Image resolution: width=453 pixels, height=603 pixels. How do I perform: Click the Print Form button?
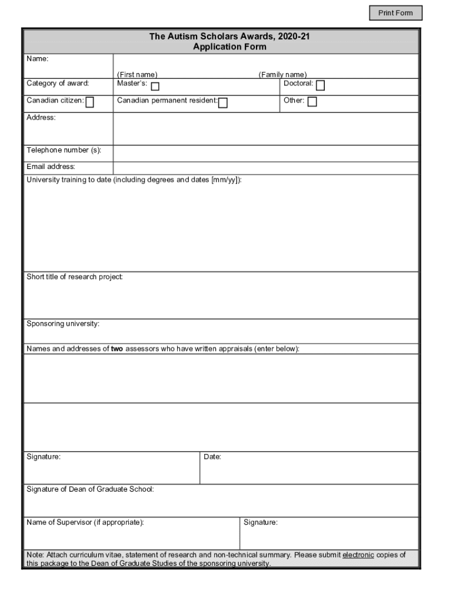[x=395, y=13]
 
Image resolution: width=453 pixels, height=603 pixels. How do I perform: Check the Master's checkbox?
[x=155, y=87]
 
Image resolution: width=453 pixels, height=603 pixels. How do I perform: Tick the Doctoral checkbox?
[x=320, y=86]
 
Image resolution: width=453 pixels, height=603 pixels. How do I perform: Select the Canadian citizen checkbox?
[x=90, y=103]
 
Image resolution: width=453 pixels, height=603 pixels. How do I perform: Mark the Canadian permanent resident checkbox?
[x=223, y=103]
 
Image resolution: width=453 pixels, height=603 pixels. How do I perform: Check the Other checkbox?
[x=312, y=102]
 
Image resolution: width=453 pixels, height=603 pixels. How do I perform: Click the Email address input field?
[x=265, y=168]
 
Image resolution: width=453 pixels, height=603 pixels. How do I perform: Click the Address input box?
[x=265, y=128]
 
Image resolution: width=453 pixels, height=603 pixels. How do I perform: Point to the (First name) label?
[x=137, y=75]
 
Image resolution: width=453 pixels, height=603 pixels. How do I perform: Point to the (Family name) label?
[x=282, y=75]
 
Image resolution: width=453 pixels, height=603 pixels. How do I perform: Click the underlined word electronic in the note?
[x=358, y=555]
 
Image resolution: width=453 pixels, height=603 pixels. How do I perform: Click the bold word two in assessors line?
[x=117, y=349]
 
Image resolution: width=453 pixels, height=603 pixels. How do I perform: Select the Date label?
[x=212, y=457]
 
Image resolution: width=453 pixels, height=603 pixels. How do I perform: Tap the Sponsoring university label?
[x=63, y=324]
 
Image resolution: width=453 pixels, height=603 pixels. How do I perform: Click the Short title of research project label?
[x=75, y=277]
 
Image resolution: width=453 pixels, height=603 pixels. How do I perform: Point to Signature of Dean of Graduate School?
[x=90, y=489]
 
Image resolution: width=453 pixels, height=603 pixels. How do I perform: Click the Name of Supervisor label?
[x=85, y=522]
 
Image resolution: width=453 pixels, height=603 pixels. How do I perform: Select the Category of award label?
[x=58, y=83]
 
